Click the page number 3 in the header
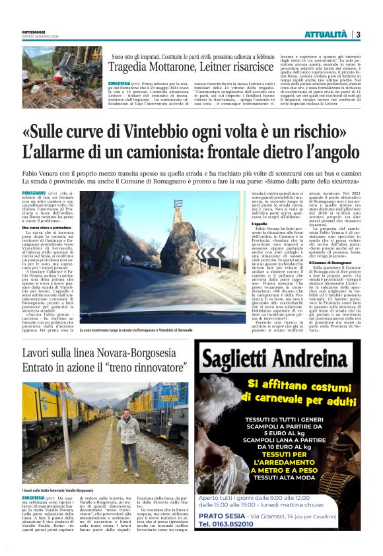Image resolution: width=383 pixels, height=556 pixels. pyautogui.click(x=358, y=34)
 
